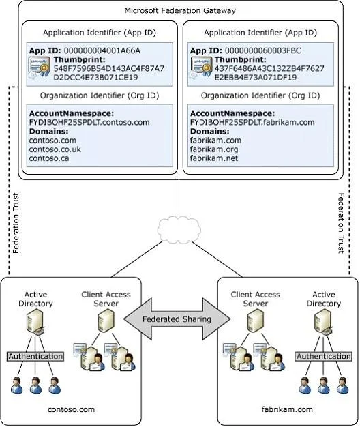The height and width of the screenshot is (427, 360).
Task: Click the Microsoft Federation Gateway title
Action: point(180,11)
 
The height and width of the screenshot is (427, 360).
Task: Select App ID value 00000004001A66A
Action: point(102,50)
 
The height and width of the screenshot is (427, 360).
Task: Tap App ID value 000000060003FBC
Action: point(263,50)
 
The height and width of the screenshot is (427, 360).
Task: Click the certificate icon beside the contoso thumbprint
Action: point(40,68)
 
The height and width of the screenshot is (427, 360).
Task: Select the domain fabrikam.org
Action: point(214,149)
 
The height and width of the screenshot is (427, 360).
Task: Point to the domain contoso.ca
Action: point(49,158)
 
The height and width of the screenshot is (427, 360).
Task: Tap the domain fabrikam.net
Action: point(214,158)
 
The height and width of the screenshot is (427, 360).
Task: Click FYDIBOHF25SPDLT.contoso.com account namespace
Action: point(89,122)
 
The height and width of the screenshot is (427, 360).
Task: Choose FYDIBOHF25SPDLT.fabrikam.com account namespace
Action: point(252,122)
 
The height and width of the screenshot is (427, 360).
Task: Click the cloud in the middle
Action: point(179,230)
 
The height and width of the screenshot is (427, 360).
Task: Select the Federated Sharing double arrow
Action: point(177,319)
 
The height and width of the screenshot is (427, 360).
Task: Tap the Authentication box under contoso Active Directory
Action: point(35,356)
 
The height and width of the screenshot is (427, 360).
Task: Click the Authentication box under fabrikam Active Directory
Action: point(323,356)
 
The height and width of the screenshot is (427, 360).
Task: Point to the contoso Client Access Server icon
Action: point(106,321)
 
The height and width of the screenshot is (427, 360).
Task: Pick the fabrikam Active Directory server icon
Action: point(323,323)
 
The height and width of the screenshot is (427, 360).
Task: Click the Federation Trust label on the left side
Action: point(16,223)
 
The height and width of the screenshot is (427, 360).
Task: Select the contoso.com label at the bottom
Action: point(72,409)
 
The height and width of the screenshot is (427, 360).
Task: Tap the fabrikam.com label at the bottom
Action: point(287,409)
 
